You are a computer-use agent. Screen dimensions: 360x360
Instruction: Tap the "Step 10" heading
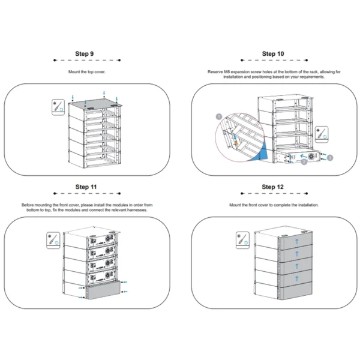[273, 53]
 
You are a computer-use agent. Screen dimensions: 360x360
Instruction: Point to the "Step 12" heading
[273, 187]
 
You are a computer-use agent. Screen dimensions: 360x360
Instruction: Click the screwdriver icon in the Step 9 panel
[58, 108]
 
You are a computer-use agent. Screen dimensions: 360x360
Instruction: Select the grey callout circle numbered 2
[305, 161]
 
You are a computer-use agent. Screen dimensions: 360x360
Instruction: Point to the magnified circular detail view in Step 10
[240, 139]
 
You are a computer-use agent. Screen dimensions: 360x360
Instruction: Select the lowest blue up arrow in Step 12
[295, 278]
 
